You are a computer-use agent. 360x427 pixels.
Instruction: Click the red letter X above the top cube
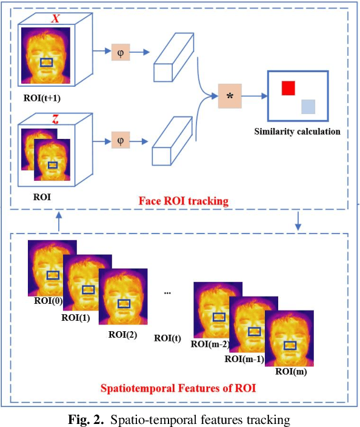click(x=55, y=18)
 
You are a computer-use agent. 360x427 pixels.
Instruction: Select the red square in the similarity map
click(x=288, y=88)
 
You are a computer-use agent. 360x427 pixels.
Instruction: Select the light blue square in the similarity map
click(x=308, y=107)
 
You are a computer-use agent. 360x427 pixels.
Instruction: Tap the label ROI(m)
click(x=290, y=372)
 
